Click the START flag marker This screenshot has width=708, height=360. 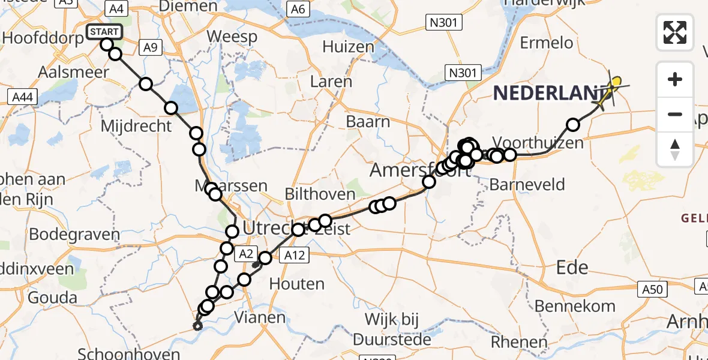104,31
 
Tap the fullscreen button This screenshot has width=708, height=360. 675,32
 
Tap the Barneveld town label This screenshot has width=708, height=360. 527,184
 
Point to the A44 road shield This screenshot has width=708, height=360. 20,96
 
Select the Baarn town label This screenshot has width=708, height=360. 368,121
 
